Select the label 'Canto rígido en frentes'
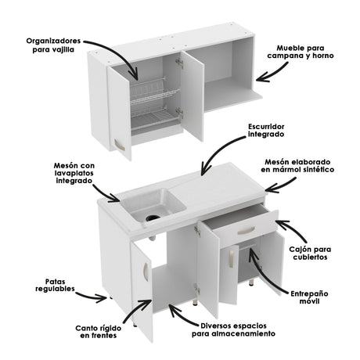(x=96, y=332)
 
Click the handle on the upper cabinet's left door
(x=119, y=144)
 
